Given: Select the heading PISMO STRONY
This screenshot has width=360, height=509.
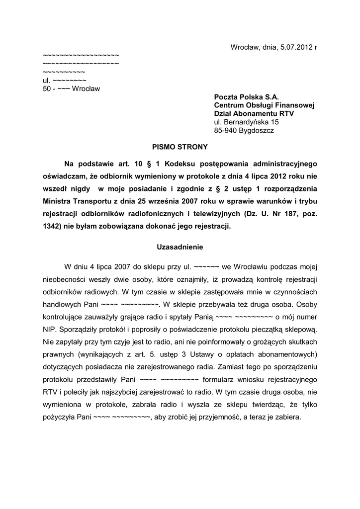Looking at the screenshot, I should click(180, 147).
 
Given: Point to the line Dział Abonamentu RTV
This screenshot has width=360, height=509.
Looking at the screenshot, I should click(254, 113).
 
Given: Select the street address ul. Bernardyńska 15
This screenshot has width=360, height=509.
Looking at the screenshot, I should click(246, 122).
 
